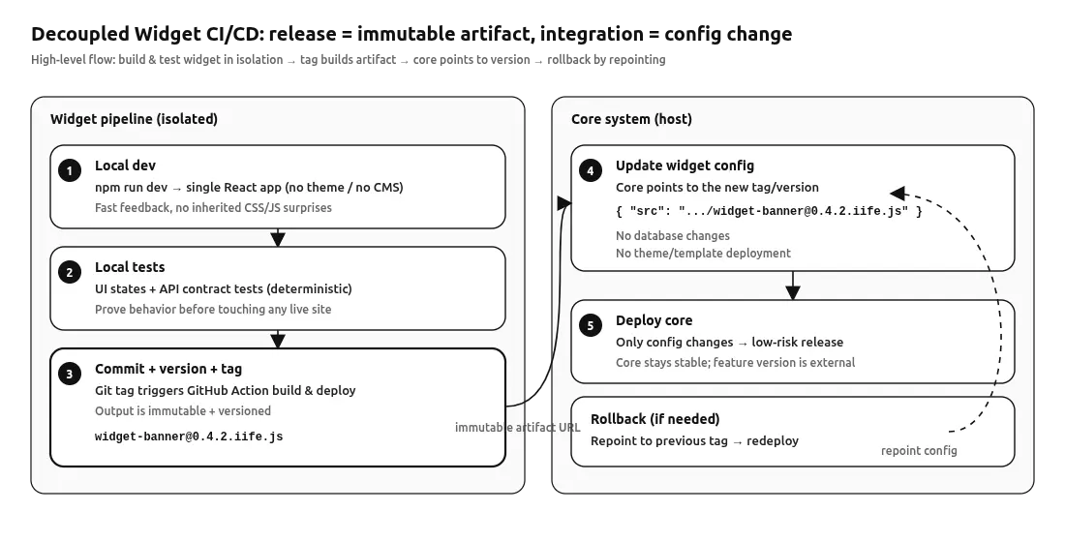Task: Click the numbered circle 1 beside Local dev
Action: [69, 171]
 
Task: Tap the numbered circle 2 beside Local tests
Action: [69, 273]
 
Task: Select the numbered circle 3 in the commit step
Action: [69, 375]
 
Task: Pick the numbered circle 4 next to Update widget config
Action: [590, 171]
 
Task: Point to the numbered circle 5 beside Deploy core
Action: [590, 326]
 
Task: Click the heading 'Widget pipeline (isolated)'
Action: [134, 119]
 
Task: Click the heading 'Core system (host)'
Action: [631, 119]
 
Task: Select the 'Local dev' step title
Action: [125, 166]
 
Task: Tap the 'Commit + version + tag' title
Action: [168, 369]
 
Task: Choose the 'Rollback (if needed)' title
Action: [654, 419]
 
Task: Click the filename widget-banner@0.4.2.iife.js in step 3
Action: [189, 437]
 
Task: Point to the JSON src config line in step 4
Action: [768, 210]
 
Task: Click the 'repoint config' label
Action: [919, 451]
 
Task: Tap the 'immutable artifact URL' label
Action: [516, 427]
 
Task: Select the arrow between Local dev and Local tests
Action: [278, 237]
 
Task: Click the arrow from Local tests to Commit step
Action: [278, 339]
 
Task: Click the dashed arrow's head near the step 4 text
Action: [897, 192]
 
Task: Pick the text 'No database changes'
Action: [672, 235]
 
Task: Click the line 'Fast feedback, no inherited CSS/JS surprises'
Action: [212, 208]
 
